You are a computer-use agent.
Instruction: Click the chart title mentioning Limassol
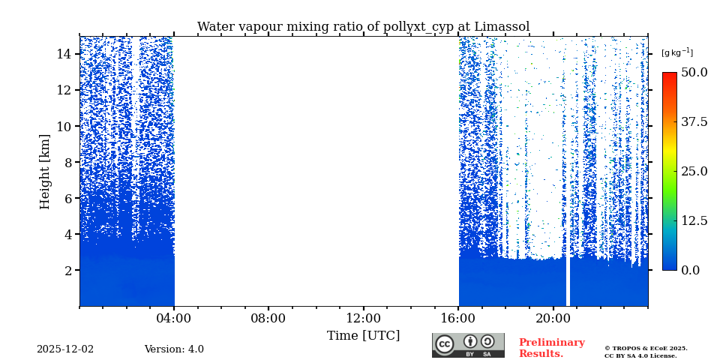(x=363, y=27)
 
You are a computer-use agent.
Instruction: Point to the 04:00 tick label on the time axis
(x=174, y=318)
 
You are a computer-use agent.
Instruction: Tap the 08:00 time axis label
(x=268, y=318)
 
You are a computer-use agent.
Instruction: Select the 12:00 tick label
(x=364, y=318)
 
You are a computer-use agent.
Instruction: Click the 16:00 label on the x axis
(x=458, y=318)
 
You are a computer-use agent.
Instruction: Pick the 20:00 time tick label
(x=553, y=318)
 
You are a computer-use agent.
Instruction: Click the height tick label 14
(x=63, y=54)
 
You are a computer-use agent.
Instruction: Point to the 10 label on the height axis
(x=63, y=126)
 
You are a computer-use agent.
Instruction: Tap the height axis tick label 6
(x=67, y=198)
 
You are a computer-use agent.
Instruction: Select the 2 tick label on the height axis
(x=67, y=270)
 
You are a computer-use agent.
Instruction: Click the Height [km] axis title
(x=45, y=171)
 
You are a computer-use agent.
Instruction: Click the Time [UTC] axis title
(x=364, y=335)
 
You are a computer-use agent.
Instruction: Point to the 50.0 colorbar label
(x=694, y=73)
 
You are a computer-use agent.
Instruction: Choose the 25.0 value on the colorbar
(x=694, y=171)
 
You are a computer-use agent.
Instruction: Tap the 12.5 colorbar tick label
(x=694, y=220)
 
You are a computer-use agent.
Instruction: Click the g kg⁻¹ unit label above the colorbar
(x=676, y=52)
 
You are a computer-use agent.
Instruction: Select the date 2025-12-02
(x=65, y=349)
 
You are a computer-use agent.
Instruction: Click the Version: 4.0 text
(x=174, y=349)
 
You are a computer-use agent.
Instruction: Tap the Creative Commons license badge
(x=468, y=345)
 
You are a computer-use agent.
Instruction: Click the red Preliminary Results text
(x=551, y=348)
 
